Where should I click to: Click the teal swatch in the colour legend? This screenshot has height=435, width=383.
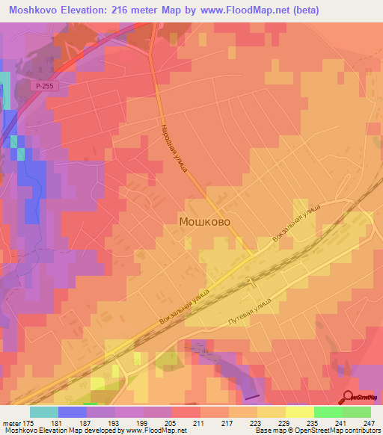coord(44,412)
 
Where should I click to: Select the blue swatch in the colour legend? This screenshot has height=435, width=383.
coord(73,412)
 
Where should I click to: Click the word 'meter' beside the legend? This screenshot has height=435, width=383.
coord(11,422)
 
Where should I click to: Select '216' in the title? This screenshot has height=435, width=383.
coord(139,10)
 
